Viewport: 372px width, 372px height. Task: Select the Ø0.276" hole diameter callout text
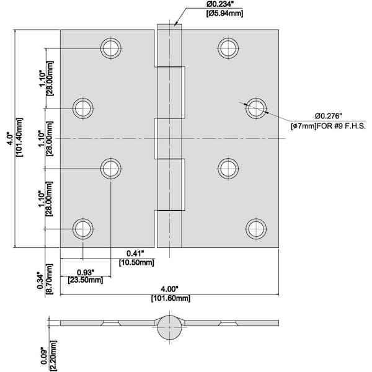click(x=332, y=115)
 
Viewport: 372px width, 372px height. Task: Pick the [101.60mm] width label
click(x=169, y=298)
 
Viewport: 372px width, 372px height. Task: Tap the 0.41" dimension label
click(x=135, y=253)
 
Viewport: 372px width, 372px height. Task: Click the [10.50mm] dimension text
click(x=136, y=262)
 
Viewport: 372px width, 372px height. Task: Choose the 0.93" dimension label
click(x=86, y=272)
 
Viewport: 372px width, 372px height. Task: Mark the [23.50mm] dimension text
click(x=86, y=280)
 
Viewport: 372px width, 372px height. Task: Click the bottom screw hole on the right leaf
click(x=255, y=228)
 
